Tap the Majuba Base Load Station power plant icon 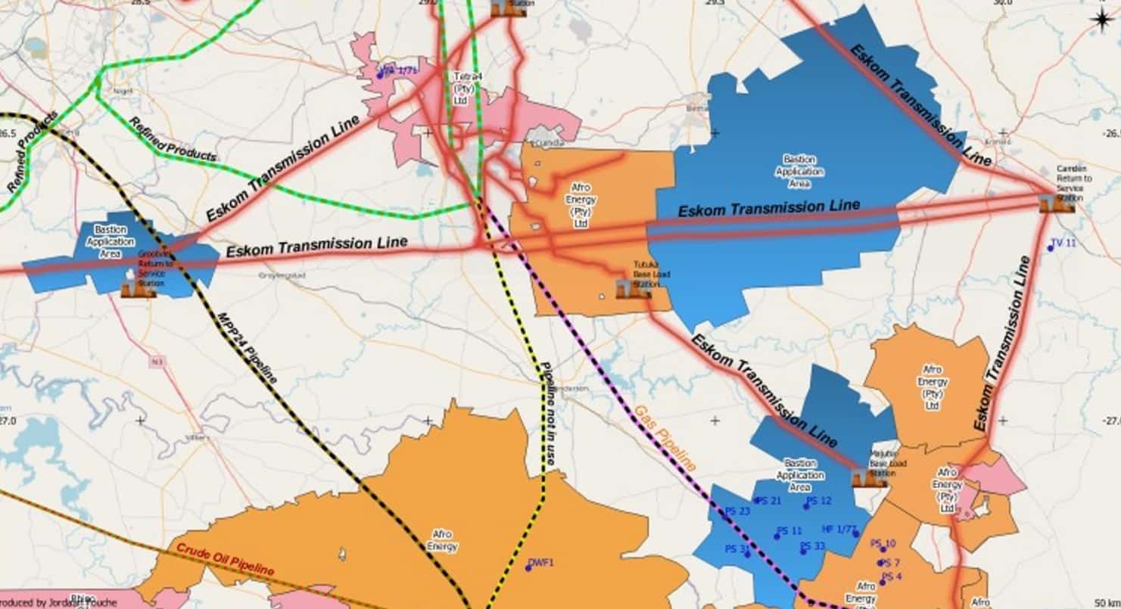click(860, 477)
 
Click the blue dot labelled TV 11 click(1051, 248)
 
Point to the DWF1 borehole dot click(529, 568)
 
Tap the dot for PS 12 click(807, 505)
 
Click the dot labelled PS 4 click(883, 582)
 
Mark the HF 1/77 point click(856, 533)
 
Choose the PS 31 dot click(747, 554)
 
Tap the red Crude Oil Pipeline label click(225, 559)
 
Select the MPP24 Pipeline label click(248, 346)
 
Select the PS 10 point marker click(883, 550)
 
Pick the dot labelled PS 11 click(777, 536)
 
